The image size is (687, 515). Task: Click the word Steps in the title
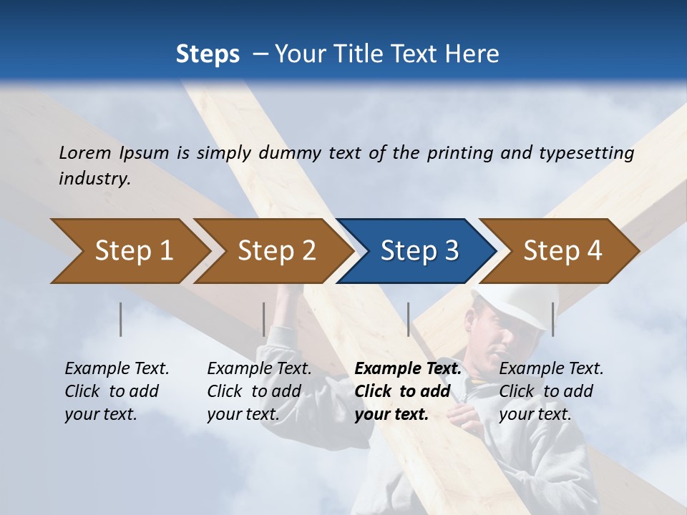point(208,54)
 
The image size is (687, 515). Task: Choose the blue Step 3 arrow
point(416,251)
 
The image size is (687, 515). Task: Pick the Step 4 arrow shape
point(559,251)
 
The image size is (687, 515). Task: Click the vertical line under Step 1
point(121,319)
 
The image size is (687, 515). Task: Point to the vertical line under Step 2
point(264,319)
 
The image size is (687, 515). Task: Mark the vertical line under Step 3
point(408,319)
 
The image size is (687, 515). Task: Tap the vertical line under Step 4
point(552,319)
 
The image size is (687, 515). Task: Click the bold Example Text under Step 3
point(408,369)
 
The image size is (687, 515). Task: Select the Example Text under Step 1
point(117,369)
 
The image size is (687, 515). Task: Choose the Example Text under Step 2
point(259,369)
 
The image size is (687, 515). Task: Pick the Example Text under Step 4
point(551,369)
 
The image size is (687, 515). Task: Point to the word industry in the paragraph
point(94,179)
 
